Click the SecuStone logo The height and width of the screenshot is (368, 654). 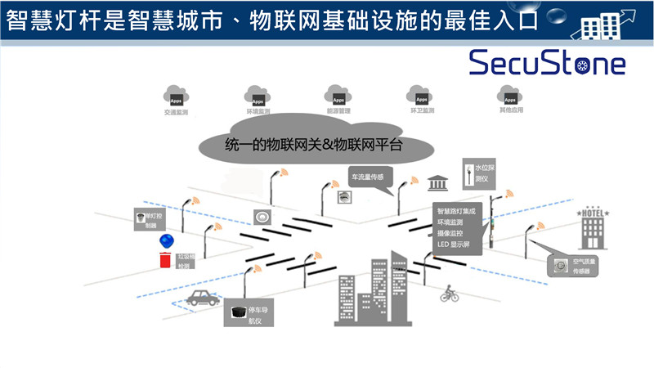pyautogui.click(x=547, y=62)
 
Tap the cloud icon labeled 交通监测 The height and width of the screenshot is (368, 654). pyautogui.click(x=176, y=95)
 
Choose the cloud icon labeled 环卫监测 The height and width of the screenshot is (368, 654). pyautogui.click(x=422, y=95)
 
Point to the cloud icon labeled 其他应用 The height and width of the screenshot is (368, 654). pyautogui.click(x=508, y=95)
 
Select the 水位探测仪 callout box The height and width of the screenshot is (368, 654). pyautogui.click(x=480, y=173)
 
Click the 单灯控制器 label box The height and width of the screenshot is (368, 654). pyautogui.click(x=150, y=219)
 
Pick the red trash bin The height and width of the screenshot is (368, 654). pyautogui.click(x=167, y=261)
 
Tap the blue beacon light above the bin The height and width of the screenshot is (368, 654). pyautogui.click(x=167, y=241)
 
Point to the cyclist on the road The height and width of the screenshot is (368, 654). pyautogui.click(x=448, y=292)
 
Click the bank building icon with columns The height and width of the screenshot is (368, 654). pyautogui.click(x=437, y=180)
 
